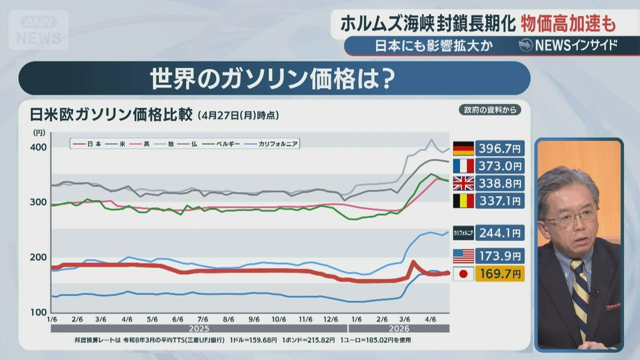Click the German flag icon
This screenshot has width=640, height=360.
463,148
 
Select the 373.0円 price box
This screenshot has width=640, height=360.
500,166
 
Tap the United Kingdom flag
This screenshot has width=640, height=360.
463,183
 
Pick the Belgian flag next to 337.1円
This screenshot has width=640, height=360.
463,201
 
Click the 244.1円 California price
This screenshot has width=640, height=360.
500,233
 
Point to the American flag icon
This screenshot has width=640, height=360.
463,256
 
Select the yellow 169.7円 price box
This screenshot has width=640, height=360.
500,274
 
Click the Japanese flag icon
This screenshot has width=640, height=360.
463,274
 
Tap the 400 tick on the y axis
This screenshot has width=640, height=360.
38,147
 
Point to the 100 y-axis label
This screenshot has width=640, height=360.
38,312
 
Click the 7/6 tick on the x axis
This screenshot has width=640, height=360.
203,319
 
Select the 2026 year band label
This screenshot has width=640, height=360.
399,329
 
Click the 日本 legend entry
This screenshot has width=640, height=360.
87,144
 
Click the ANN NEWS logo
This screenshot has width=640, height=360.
39,30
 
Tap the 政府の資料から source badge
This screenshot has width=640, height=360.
490,110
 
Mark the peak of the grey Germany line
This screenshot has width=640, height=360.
431,139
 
